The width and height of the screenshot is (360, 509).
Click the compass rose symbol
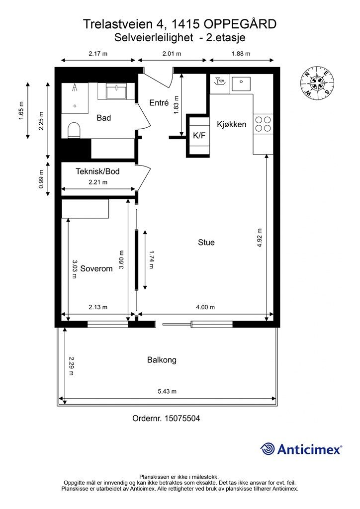[317, 83]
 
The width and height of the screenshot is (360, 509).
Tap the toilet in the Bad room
[74, 130]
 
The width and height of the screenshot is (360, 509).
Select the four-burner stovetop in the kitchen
[263, 124]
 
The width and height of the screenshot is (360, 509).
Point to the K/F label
[199, 135]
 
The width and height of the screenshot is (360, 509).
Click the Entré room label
[159, 102]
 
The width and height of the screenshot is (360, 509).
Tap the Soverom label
[96, 268]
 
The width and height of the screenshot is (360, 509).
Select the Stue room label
[206, 242]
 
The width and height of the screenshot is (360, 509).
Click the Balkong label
[162, 360]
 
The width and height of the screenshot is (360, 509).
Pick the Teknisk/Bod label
[98, 171]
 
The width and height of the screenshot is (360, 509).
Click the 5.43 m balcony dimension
[167, 391]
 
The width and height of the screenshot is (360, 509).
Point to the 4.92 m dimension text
[260, 238]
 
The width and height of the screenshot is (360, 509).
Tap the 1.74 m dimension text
[151, 259]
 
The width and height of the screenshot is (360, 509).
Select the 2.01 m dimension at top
[172, 54]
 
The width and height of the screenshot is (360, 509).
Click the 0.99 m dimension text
[41, 179]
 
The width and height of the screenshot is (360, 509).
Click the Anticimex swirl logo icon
[267, 449]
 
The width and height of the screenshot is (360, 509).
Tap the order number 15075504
[182, 418]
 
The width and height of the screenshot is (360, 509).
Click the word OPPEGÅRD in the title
[241, 24]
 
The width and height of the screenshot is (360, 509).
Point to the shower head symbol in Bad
[75, 87]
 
